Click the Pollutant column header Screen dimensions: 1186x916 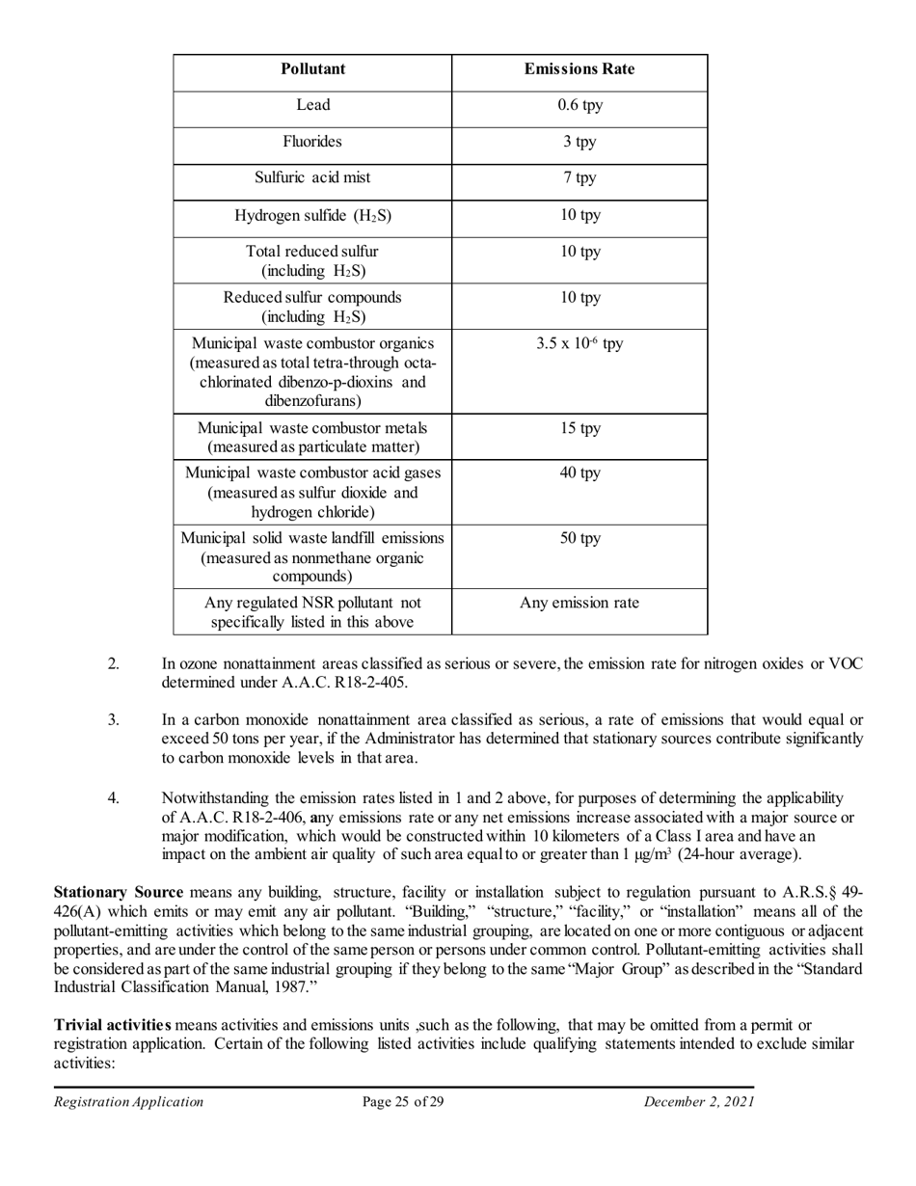[x=312, y=69]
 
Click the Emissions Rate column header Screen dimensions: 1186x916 [x=579, y=69]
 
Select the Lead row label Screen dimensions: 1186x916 [x=312, y=104]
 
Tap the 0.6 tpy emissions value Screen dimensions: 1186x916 [x=579, y=104]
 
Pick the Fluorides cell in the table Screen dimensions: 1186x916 [x=312, y=141]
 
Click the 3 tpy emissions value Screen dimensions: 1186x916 [x=579, y=142]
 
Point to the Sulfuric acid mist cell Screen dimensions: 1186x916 [x=312, y=177]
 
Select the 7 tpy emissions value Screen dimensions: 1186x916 [x=579, y=178]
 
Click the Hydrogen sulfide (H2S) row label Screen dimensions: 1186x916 [x=312, y=215]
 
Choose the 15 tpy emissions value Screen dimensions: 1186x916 [x=579, y=428]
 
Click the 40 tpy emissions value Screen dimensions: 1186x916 [x=579, y=473]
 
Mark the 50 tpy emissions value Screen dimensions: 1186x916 [x=579, y=538]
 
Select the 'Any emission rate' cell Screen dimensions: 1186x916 [x=579, y=604]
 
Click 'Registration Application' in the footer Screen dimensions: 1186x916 [x=128, y=1102]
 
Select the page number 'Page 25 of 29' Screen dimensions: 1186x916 [x=403, y=1102]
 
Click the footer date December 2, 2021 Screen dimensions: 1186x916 [x=699, y=1102]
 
